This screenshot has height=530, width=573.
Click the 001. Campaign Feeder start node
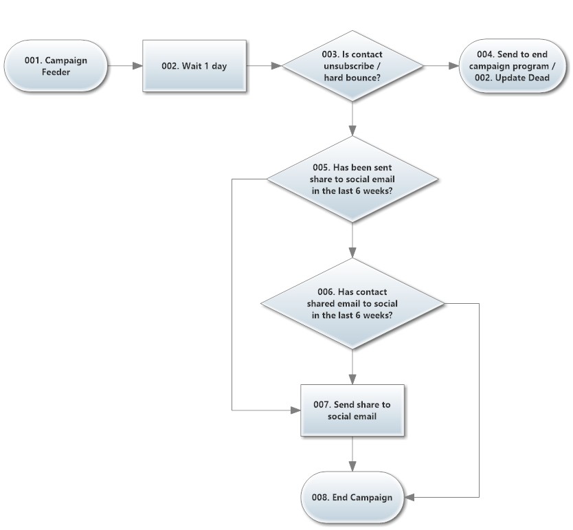pyautogui.click(x=56, y=66)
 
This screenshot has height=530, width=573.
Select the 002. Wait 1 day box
pyautogui.click(x=194, y=66)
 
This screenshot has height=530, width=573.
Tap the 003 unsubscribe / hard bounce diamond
pyautogui.click(x=352, y=66)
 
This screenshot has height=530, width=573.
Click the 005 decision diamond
pyautogui.click(x=352, y=179)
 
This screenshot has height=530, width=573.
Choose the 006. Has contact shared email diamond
pyautogui.click(x=352, y=303)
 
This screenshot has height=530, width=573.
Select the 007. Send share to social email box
pyautogui.click(x=352, y=410)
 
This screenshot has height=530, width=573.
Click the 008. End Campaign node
pyautogui.click(x=352, y=497)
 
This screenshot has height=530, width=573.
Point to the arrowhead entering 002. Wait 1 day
pyautogui.click(x=138, y=66)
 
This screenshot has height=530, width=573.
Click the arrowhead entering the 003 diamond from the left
pyautogui.click(x=277, y=66)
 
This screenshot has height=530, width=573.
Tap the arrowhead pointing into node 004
pyautogui.click(x=454, y=66)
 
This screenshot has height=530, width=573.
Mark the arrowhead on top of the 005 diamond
pyautogui.click(x=352, y=131)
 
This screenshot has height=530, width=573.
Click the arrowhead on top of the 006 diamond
pyautogui.click(x=352, y=253)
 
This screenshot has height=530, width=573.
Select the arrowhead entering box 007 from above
pyautogui.click(x=352, y=379)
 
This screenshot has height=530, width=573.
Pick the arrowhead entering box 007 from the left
pyautogui.click(x=295, y=410)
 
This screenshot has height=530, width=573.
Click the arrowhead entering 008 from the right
pyautogui.click(x=409, y=497)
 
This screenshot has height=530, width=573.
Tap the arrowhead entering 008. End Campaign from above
pyautogui.click(x=352, y=466)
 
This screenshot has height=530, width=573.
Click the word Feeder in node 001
pyautogui.click(x=56, y=72)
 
